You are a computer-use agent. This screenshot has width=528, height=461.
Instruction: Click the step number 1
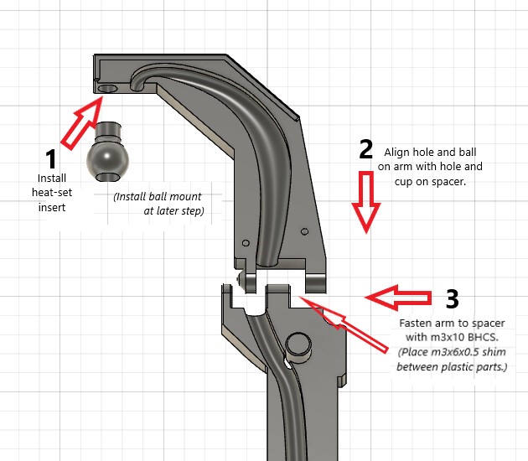pyautogui.click(x=51, y=158)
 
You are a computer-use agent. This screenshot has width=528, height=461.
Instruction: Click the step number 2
pyautogui.click(x=365, y=149)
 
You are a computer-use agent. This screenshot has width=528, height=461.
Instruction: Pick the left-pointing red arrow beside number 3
pyautogui.click(x=400, y=295)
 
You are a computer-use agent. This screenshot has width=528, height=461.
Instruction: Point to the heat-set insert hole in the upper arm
pyautogui.click(x=108, y=87)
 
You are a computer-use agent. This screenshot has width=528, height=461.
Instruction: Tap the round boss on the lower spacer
pyautogui.click(x=298, y=344)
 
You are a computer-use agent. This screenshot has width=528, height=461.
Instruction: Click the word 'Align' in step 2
pyautogui.click(x=398, y=153)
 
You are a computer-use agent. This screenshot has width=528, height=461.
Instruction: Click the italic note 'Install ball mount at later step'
pyautogui.click(x=164, y=204)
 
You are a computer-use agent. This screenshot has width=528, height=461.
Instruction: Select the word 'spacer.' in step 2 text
pyautogui.click(x=448, y=181)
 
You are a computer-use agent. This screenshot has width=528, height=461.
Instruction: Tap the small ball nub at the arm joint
pyautogui.click(x=241, y=278)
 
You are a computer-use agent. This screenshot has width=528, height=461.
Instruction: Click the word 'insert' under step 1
pyautogui.click(x=51, y=207)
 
